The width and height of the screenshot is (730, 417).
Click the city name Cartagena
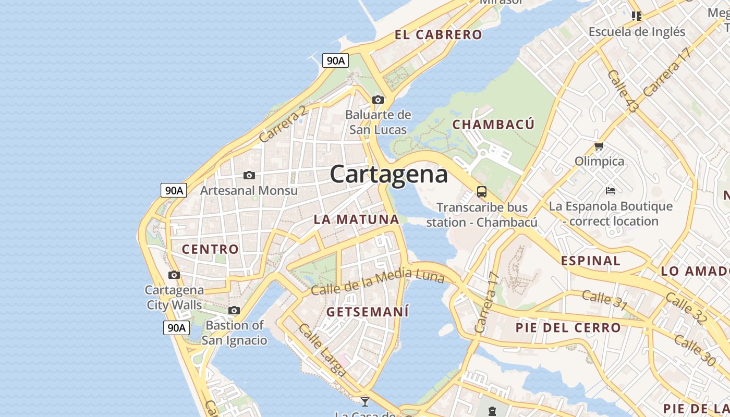click(388, 174)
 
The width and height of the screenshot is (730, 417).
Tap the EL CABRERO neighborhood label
click(438, 35)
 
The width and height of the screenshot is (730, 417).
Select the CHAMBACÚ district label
click(493, 124)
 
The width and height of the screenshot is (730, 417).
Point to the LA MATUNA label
click(356, 219)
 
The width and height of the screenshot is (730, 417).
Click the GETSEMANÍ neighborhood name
click(368, 312)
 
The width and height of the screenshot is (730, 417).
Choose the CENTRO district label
click(210, 249)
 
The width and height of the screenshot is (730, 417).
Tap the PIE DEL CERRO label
click(568, 328)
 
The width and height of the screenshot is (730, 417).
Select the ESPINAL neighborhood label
click(591, 261)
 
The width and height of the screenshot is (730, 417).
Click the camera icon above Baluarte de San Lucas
click(378, 100)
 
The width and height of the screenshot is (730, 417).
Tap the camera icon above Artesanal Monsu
click(249, 176)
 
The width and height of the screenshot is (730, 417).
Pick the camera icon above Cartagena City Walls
click(174, 275)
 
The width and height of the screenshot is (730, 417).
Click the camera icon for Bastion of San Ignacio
click(234, 311)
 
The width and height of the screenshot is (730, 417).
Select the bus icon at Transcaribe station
click(481, 192)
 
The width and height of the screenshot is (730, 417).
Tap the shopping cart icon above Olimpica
click(599, 146)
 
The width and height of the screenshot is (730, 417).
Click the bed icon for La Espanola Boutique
click(611, 191)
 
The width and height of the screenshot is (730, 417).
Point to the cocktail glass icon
click(365, 401)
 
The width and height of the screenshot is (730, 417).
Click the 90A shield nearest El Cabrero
click(335, 60)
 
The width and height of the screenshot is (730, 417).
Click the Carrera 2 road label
click(282, 124)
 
